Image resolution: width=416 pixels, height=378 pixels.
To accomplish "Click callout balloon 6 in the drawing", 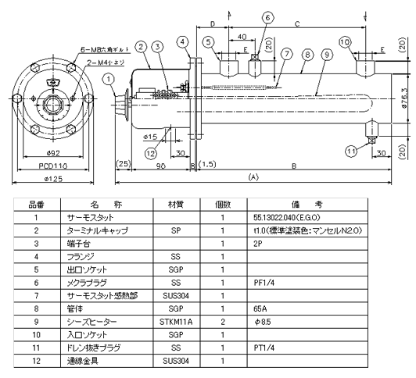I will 267,16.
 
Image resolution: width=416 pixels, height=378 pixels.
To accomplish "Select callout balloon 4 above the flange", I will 182,41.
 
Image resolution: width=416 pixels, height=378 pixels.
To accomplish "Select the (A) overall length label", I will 252,178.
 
